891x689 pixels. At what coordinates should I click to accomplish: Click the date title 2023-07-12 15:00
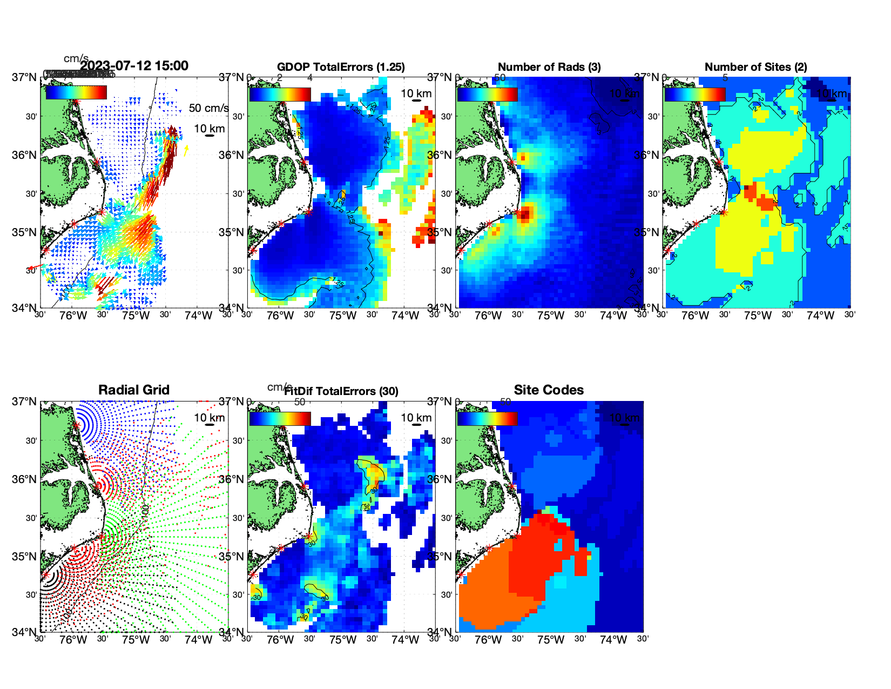click(x=134, y=66)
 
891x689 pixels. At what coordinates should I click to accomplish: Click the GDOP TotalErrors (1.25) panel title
click(x=341, y=67)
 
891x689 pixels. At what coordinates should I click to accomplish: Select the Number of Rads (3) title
click(x=549, y=67)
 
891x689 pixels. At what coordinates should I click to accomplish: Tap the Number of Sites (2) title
click(x=755, y=67)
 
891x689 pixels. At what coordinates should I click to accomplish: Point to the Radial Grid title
click(x=134, y=390)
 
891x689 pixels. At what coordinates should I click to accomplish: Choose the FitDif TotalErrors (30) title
click(x=341, y=391)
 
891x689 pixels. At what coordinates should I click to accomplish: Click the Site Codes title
click(x=549, y=390)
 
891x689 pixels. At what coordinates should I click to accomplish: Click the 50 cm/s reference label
click(x=208, y=108)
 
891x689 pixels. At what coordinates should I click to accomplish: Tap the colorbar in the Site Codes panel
click(x=487, y=419)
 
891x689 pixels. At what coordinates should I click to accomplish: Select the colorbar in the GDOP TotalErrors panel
click(x=280, y=95)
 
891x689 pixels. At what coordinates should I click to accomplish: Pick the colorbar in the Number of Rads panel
click(x=487, y=95)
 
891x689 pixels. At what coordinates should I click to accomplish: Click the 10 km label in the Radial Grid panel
click(x=210, y=418)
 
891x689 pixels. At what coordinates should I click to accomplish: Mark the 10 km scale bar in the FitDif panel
click(x=416, y=425)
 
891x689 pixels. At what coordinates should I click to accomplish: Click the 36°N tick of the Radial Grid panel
click(x=24, y=479)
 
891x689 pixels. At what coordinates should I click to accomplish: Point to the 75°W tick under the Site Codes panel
click(x=550, y=640)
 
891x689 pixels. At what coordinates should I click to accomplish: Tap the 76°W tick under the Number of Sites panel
click(x=695, y=316)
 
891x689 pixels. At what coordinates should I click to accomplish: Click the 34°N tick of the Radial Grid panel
click(x=24, y=632)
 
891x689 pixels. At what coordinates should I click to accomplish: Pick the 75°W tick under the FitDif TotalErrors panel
click(x=343, y=640)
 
